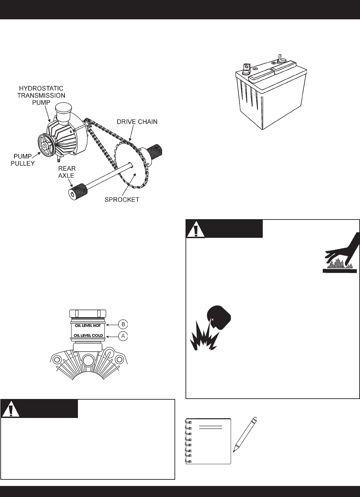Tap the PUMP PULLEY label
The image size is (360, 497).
22,160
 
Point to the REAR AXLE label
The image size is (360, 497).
67,172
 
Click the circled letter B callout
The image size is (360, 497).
123,324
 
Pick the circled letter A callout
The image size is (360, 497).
123,335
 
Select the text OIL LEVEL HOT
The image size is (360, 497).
90,325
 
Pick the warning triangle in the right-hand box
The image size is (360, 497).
196,229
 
